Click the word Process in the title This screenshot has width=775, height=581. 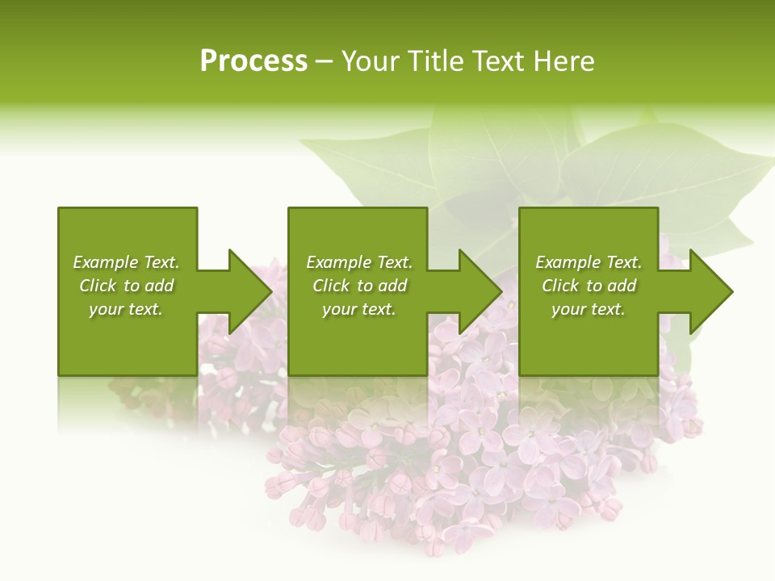(253, 61)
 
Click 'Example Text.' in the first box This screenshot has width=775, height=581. (126, 262)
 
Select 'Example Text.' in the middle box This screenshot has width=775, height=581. (359, 262)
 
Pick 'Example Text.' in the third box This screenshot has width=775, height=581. (589, 262)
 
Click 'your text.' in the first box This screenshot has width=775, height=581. (126, 309)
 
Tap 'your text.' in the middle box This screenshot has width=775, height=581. (359, 309)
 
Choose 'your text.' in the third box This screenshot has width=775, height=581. (589, 309)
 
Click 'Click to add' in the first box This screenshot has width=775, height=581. (126, 286)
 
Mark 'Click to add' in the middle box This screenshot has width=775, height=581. (359, 286)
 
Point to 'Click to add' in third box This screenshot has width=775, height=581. (589, 286)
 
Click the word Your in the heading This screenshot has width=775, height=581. (370, 61)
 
